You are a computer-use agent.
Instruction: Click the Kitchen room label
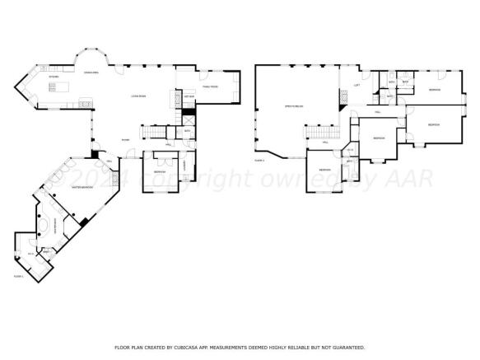(54, 77)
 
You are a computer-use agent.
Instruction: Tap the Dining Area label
(91, 72)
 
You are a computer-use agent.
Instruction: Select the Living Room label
(137, 97)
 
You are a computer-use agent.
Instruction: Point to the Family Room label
(209, 86)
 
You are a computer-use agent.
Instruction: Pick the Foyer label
(125, 140)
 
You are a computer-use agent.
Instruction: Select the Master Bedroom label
(82, 188)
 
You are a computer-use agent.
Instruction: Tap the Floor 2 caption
(259, 161)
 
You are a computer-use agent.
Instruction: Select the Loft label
(357, 86)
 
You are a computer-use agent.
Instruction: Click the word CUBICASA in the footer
(191, 347)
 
